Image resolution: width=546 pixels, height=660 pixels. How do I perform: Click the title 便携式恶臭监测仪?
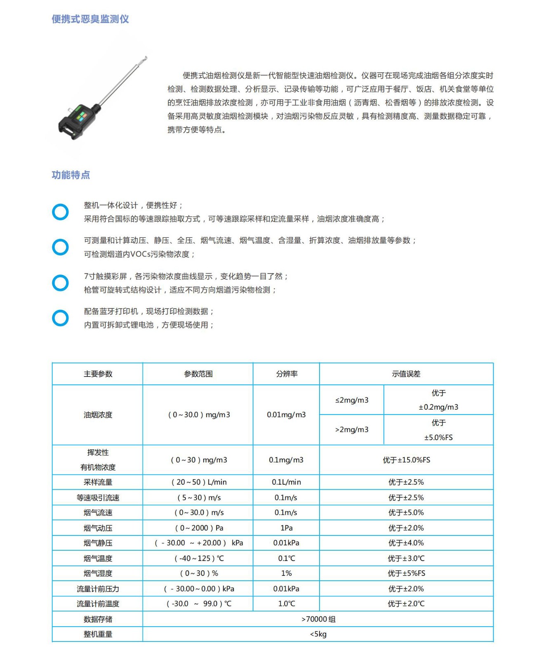(90, 19)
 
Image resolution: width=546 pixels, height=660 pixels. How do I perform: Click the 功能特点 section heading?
(71, 175)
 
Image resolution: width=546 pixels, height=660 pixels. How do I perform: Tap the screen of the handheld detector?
(80, 117)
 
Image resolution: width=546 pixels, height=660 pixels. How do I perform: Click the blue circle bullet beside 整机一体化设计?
(60, 212)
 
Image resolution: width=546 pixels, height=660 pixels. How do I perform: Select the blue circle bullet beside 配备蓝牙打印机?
(60, 318)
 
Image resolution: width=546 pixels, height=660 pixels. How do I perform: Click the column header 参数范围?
(198, 374)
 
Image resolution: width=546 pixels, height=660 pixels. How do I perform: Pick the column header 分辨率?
(286, 374)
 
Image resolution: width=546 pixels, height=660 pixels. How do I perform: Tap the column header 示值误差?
(406, 374)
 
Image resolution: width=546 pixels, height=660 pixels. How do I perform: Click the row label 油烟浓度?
(98, 415)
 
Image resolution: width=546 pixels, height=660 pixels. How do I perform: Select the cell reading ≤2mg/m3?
(352, 400)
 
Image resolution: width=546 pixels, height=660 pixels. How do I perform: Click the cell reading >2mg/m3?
(352, 430)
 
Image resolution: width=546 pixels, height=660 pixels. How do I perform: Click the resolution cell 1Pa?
(286, 528)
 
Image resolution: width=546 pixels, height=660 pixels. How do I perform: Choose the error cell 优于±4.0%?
(406, 543)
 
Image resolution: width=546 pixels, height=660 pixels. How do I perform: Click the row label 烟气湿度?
(98, 573)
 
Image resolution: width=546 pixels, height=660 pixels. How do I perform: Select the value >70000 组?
(318, 619)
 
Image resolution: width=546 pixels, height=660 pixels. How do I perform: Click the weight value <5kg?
(318, 634)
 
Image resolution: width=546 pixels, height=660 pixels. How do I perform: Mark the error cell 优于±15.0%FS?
(406, 460)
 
